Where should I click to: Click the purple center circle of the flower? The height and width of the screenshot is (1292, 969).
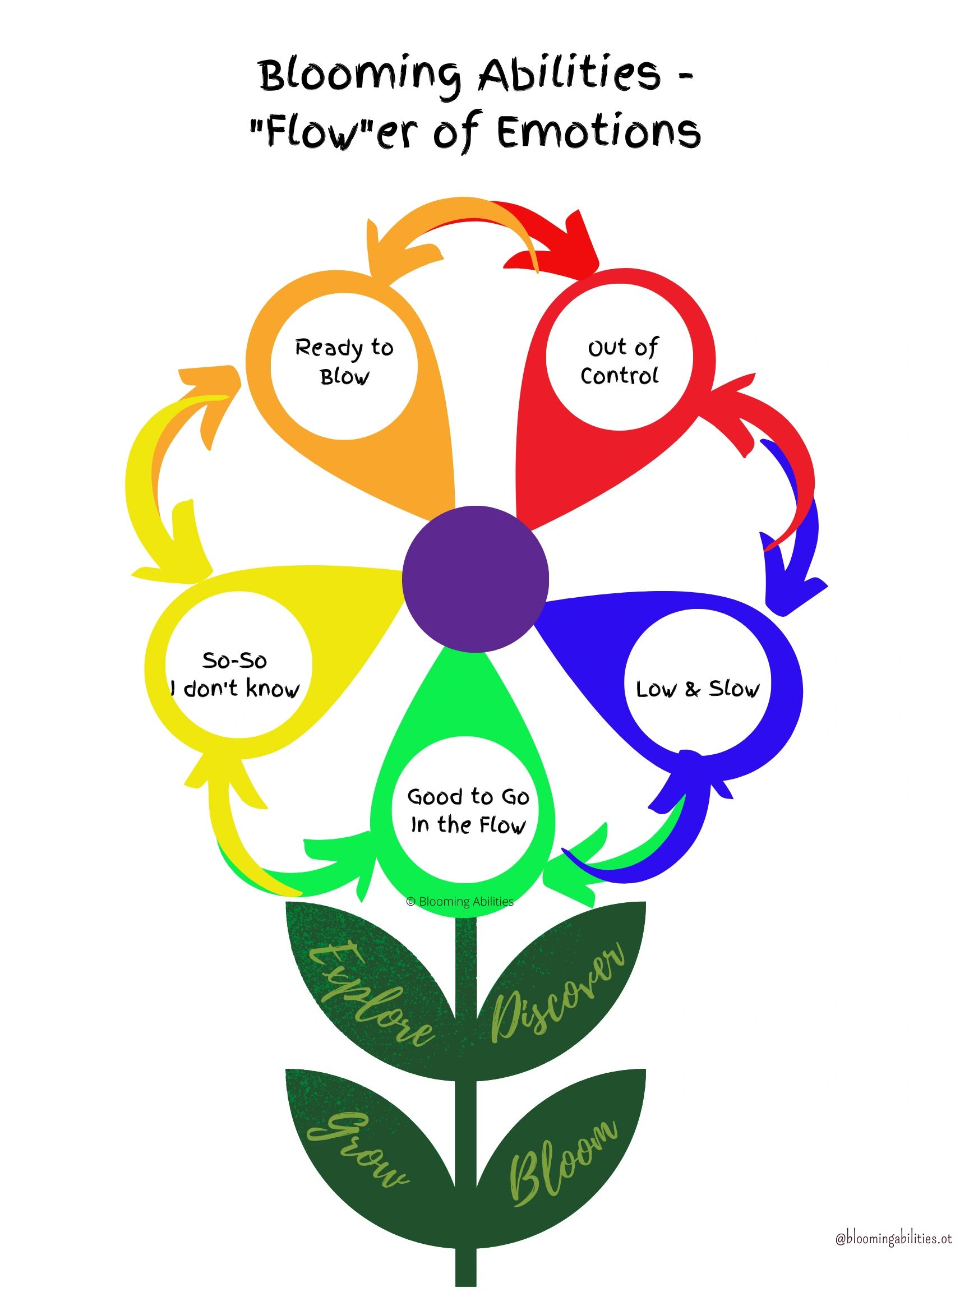coord(476,577)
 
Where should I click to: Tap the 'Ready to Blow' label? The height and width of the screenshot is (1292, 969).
coord(344,362)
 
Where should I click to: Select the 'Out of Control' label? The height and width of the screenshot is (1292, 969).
coord(620,362)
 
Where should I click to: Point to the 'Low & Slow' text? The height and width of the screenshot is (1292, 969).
coord(698,689)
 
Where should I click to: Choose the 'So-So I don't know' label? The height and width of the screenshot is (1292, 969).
coord(235,675)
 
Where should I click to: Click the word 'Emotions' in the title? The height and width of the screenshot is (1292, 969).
coord(599,132)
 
